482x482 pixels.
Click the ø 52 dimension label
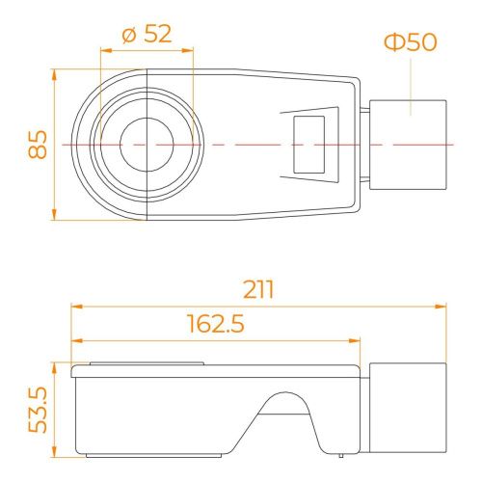pyautogui.click(x=147, y=34)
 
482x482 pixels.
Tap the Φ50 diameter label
pyautogui.click(x=411, y=41)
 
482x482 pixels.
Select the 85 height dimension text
pyautogui.click(x=38, y=145)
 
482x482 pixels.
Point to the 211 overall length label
pyautogui.click(x=258, y=289)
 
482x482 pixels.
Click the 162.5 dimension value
pyautogui.click(x=215, y=323)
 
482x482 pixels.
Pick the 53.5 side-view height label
pyautogui.click(x=38, y=410)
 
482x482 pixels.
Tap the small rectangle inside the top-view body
pyautogui.click(x=308, y=145)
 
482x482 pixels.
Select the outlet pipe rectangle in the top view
pyautogui.click(x=408, y=145)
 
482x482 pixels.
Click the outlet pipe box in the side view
pyautogui.click(x=408, y=408)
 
